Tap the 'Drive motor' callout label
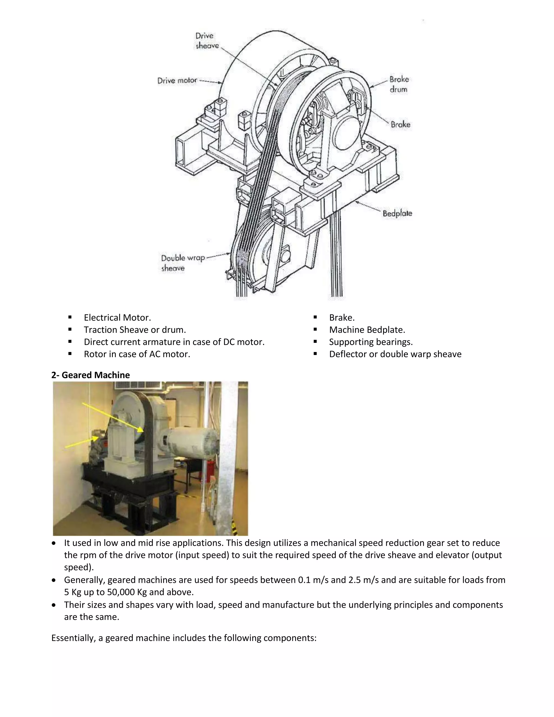point(177,80)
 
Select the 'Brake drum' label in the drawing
point(399,84)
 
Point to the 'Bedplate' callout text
point(397,213)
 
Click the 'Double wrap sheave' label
point(182,263)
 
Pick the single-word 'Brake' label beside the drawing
point(400,124)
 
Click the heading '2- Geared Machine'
point(91,375)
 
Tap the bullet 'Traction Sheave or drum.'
point(134,330)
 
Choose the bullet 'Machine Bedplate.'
point(367,330)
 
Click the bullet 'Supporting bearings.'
point(371,342)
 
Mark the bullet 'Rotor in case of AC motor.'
point(137,354)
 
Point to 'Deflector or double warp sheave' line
point(395,354)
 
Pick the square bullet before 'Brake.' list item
point(315,317)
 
